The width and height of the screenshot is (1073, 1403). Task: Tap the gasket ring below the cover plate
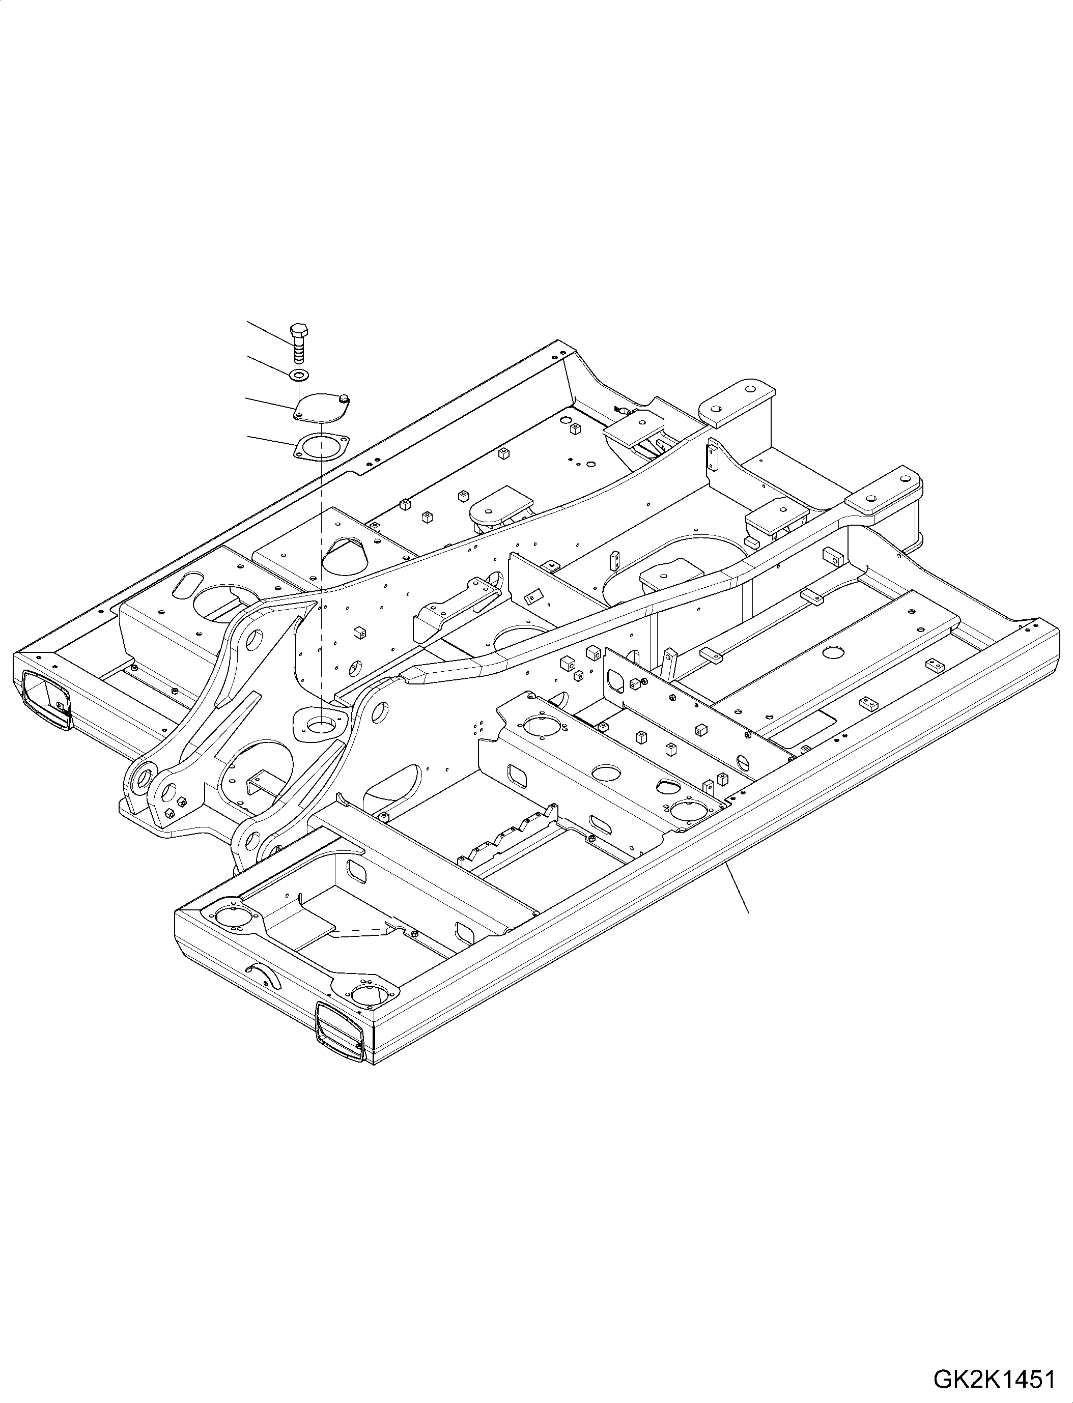(319, 445)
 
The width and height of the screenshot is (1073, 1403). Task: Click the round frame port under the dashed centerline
(319, 725)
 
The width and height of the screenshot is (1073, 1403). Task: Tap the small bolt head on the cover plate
(346, 400)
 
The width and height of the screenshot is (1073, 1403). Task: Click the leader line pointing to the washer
(268, 365)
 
